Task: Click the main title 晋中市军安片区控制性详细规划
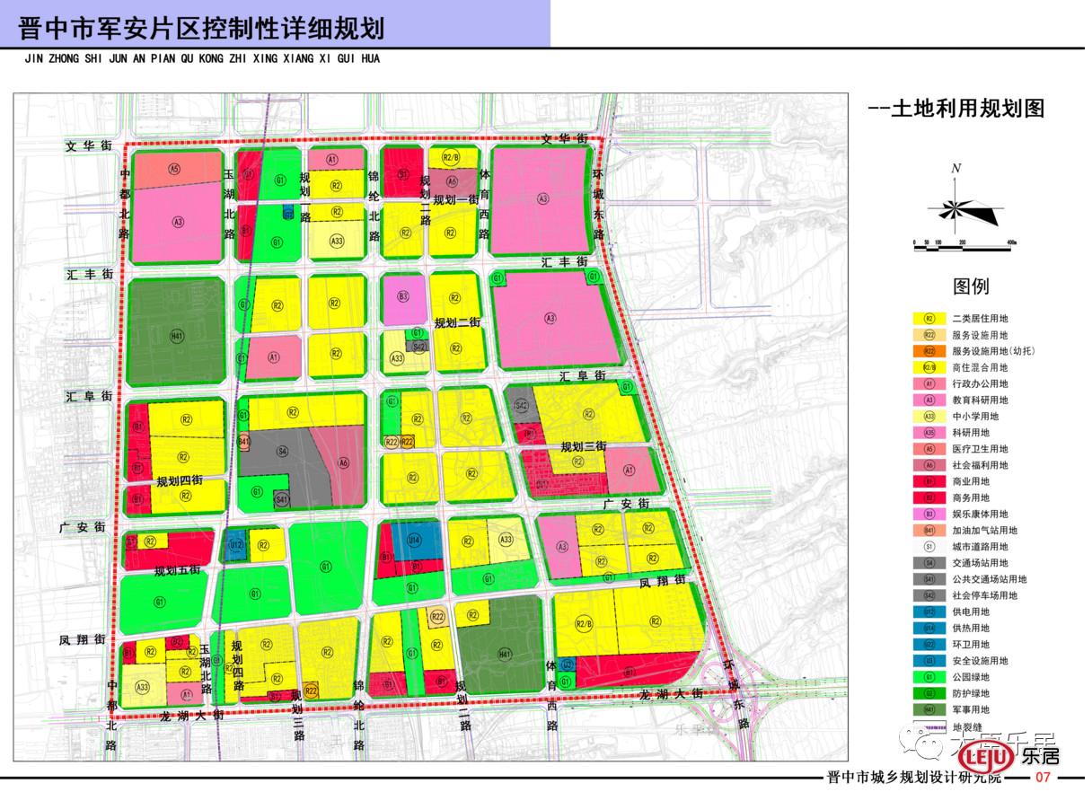202,28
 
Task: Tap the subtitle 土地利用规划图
957,109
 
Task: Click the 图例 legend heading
970,286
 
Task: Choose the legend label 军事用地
977,709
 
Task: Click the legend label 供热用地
977,629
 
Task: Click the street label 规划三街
584,446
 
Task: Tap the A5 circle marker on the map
174,168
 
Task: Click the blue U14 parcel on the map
414,541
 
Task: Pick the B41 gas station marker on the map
244,441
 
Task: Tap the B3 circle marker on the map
403,296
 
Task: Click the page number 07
1044,778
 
